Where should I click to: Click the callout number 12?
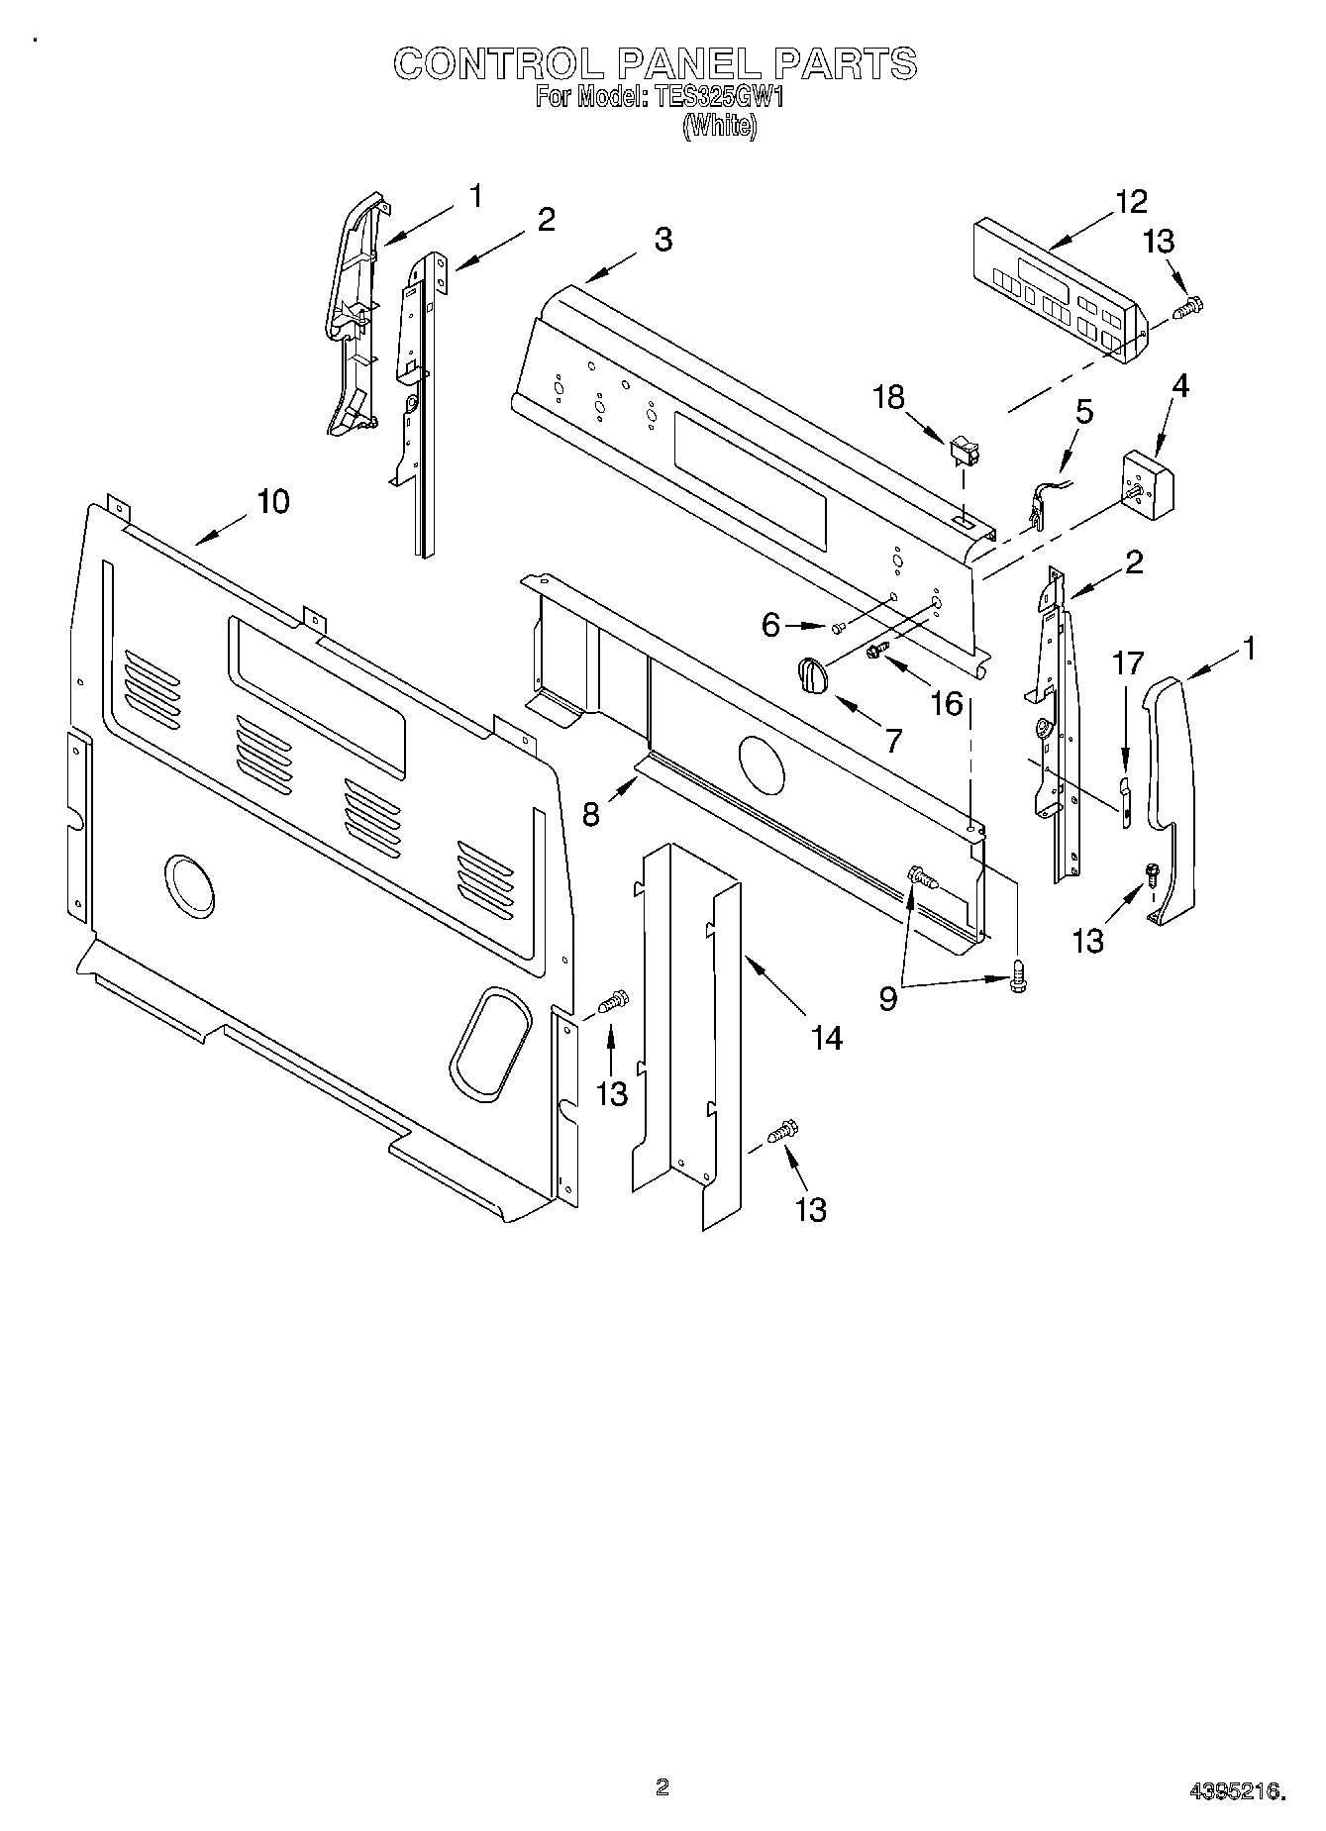point(1131,201)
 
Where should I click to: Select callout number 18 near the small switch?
point(888,397)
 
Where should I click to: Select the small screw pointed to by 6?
point(838,627)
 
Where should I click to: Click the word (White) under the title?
point(720,126)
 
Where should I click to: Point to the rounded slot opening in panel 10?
point(487,1043)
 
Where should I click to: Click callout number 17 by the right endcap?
point(1129,662)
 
